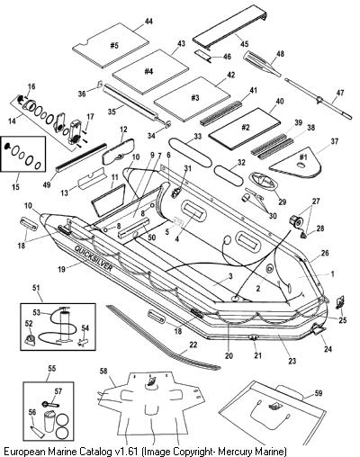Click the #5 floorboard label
point(114,46)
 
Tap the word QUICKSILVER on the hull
point(94,258)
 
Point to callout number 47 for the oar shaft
point(339,93)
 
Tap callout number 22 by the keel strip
point(193,345)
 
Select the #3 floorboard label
point(195,98)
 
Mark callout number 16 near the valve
point(31,86)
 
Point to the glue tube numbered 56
point(36,426)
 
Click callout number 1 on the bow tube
point(332,273)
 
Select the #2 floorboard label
point(246,128)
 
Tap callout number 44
point(148,22)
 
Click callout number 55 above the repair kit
point(51,369)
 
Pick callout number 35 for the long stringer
point(112,112)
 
